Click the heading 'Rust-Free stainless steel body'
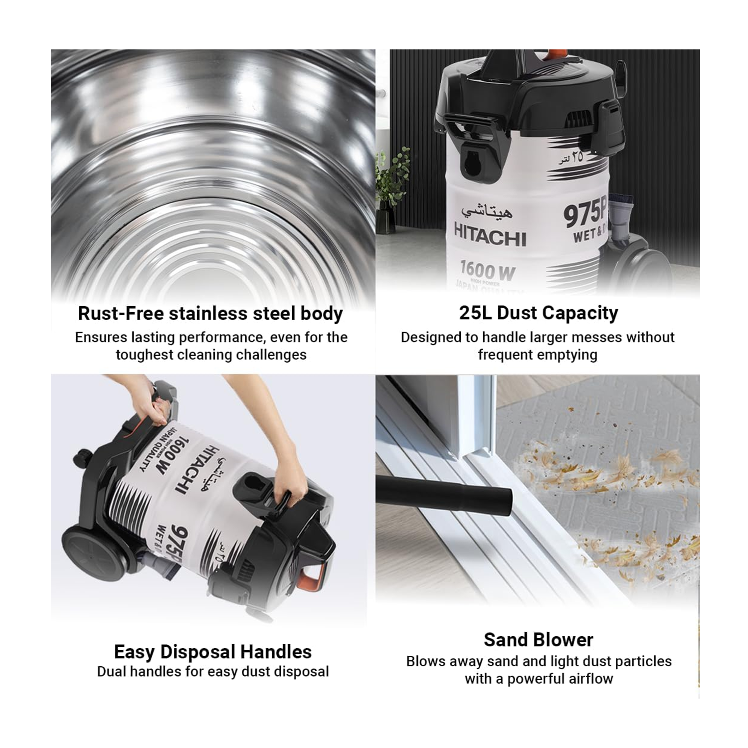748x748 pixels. tap(210, 314)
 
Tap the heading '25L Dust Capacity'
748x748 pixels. tap(539, 313)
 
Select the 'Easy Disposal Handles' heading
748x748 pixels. tap(213, 652)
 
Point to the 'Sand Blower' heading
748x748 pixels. tap(539, 639)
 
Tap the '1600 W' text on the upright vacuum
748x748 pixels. tap(487, 271)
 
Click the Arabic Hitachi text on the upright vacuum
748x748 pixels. tap(487, 211)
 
